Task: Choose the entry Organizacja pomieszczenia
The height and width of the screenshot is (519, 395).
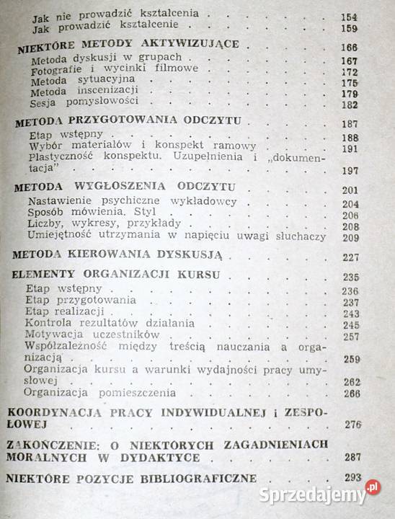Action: (99, 393)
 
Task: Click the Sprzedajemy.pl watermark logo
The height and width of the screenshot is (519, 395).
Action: (333, 495)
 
